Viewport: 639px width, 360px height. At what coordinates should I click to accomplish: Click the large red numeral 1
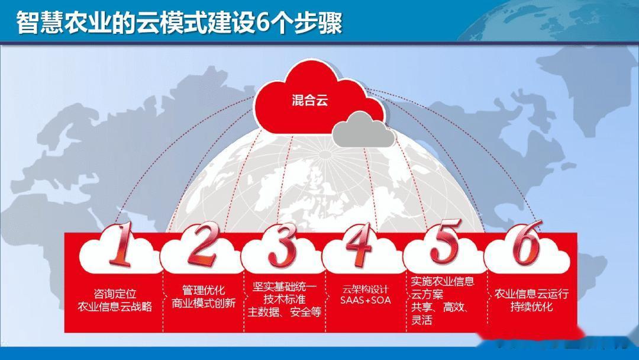[x=121, y=244]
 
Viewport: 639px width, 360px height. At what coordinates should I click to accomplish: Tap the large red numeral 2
[x=202, y=243]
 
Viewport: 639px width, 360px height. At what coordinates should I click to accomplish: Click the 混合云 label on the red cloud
[x=309, y=100]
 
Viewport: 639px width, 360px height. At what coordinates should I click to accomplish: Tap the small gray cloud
[x=363, y=130]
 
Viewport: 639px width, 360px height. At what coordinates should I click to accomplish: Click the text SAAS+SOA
[x=366, y=300]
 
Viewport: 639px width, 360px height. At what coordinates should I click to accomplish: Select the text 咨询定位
[x=115, y=294]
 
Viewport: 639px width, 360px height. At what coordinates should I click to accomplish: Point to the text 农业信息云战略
[x=115, y=307]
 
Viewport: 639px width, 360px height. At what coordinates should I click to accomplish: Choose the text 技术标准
[x=285, y=299]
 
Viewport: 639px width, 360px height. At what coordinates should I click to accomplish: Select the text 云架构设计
[x=366, y=289]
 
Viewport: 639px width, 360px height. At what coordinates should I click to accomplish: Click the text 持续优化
[x=531, y=307]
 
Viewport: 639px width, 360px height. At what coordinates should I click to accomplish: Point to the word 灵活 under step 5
[x=421, y=319]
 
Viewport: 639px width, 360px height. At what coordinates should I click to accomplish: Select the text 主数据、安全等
[x=285, y=312]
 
